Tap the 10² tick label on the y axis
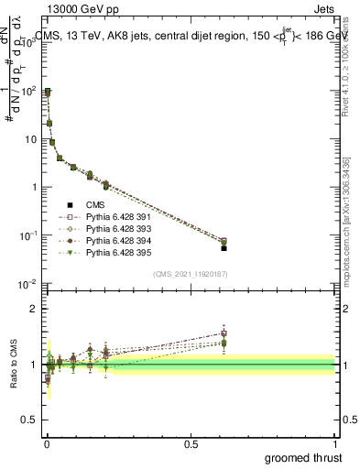[x=27, y=92]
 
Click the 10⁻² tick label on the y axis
[x=27, y=283]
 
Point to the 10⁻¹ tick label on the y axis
[x=27, y=235]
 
